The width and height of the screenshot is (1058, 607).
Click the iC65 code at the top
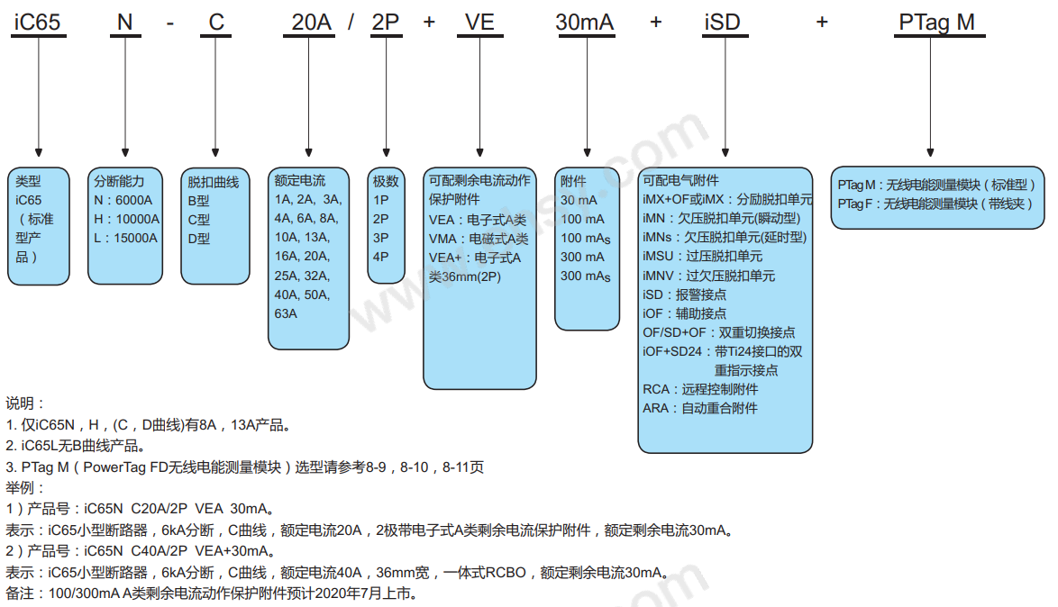pos(38,23)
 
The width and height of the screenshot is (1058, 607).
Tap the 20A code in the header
pos(311,23)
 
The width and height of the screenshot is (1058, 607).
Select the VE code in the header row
pos(479,23)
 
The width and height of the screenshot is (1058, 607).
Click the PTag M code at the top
pos(937,23)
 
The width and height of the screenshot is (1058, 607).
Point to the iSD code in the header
pos(722,23)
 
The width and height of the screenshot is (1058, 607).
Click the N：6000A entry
pos(123,200)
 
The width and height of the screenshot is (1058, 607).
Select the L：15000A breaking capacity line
pos(125,238)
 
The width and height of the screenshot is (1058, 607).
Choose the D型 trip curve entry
pos(199,239)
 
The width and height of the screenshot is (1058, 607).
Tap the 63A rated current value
pos(286,313)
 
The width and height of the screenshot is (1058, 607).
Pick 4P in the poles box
pos(380,257)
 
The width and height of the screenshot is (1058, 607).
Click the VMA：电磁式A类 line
pos(479,239)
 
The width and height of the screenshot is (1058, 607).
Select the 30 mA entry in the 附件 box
pos(579,200)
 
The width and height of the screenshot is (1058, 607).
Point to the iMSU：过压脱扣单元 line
pos(702,257)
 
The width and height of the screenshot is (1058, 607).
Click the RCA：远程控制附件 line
pos(700,389)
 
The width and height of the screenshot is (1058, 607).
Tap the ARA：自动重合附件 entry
pos(699,408)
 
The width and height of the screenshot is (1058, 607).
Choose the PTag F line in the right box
pos(935,204)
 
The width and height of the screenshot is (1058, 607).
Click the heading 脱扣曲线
pos(214,182)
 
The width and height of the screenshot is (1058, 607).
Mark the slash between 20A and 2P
pos(351,23)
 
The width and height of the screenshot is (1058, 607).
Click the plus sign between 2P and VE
pos(429,23)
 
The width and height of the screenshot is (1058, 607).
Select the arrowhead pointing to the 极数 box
pos(386,152)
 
